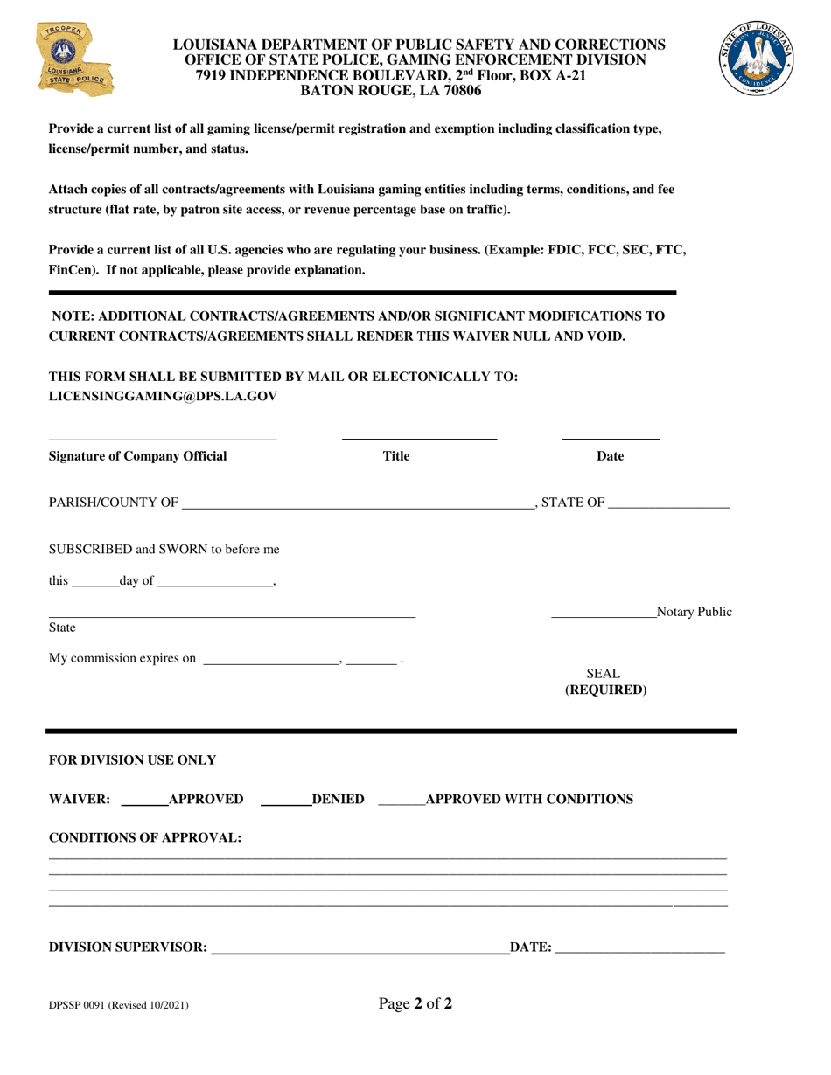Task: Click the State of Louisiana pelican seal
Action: click(758, 59)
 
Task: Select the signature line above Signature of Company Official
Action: click(162, 437)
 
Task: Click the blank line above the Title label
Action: click(419, 436)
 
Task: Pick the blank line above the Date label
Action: click(611, 436)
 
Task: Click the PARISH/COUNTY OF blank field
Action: click(359, 504)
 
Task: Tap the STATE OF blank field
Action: click(668, 504)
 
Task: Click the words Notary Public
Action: click(695, 612)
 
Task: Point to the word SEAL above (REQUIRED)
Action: click(603, 674)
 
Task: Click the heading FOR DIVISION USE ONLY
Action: click(132, 759)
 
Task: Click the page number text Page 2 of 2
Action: click(415, 1003)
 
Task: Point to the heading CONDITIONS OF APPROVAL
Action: click(145, 837)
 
